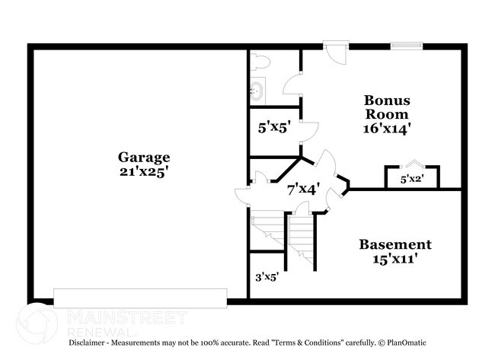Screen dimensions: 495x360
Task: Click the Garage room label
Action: point(144,158)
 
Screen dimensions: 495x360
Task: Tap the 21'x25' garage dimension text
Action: point(143,172)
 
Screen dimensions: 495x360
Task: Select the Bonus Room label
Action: point(387,107)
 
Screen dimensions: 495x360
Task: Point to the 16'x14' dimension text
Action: point(387,129)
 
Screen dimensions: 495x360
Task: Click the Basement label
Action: point(395,244)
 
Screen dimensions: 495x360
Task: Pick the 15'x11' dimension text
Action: point(395,259)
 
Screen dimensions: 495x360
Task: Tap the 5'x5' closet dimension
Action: point(274,128)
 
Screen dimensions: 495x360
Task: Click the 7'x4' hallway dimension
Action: point(303,190)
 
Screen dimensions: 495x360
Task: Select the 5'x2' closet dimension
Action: point(412,179)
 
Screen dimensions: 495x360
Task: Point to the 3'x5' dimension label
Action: point(267,277)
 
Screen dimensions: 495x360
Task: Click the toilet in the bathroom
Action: point(260,62)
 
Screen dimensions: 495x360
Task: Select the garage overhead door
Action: point(140,298)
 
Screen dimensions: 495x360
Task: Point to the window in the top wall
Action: point(407,46)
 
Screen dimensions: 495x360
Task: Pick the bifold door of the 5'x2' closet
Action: point(412,164)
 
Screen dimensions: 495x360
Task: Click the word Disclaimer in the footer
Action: point(87,342)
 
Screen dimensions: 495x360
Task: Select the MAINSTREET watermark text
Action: point(127,317)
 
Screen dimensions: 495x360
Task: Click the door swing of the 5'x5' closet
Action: point(309,132)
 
